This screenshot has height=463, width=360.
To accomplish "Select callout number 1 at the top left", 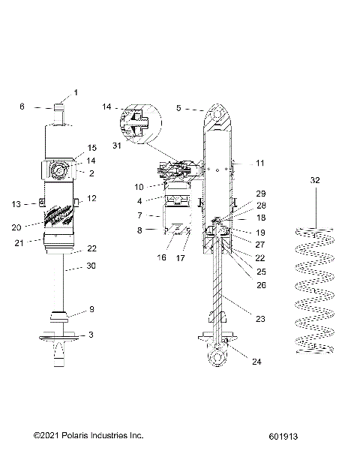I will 75,93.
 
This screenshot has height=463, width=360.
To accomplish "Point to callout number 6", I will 22,107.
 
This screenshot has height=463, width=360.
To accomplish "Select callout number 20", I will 16,226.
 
